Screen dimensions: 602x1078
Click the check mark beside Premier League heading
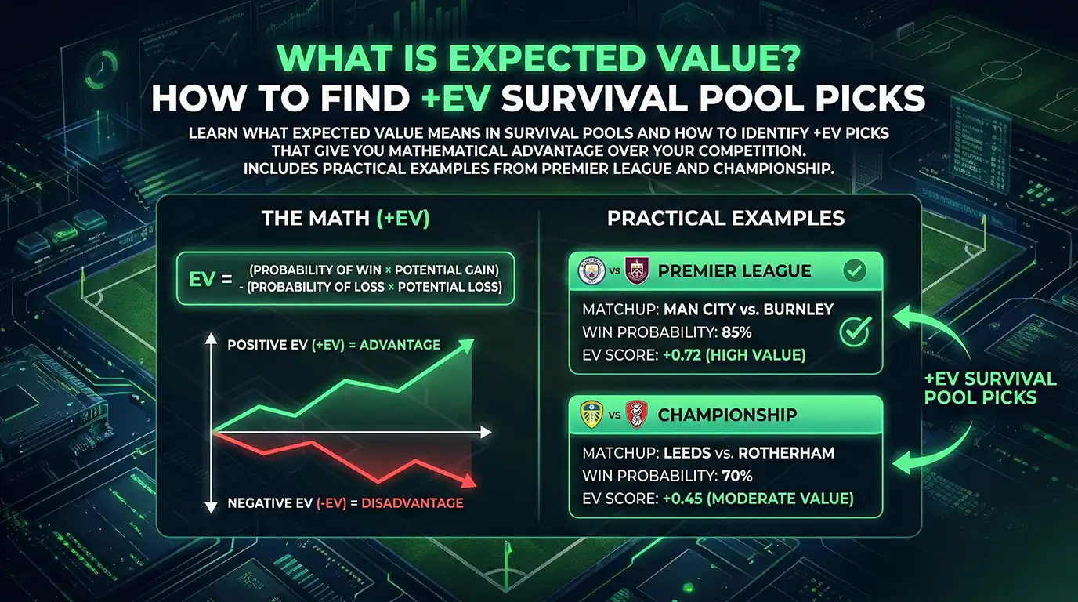pyautogui.click(x=854, y=271)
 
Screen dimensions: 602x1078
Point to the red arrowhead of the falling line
pyautogui.click(x=468, y=482)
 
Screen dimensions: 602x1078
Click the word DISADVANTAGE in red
pyautogui.click(x=412, y=503)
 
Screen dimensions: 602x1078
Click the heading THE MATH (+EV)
pyautogui.click(x=345, y=219)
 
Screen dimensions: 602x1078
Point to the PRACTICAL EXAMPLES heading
pyautogui.click(x=726, y=219)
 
